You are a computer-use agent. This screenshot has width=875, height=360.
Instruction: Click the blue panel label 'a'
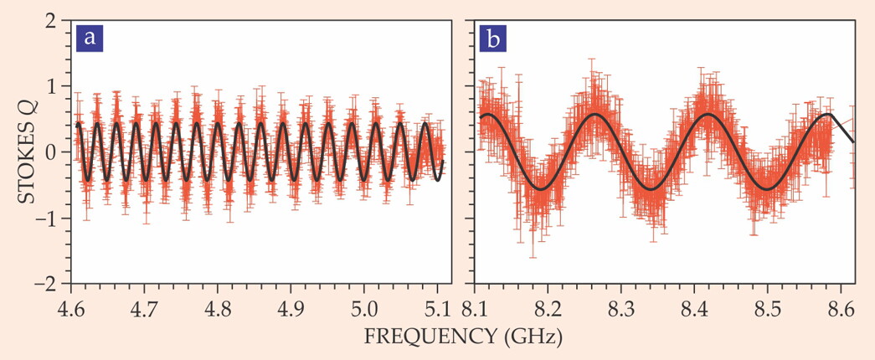point(90,39)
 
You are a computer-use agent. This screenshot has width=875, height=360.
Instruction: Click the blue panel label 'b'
point(492,39)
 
